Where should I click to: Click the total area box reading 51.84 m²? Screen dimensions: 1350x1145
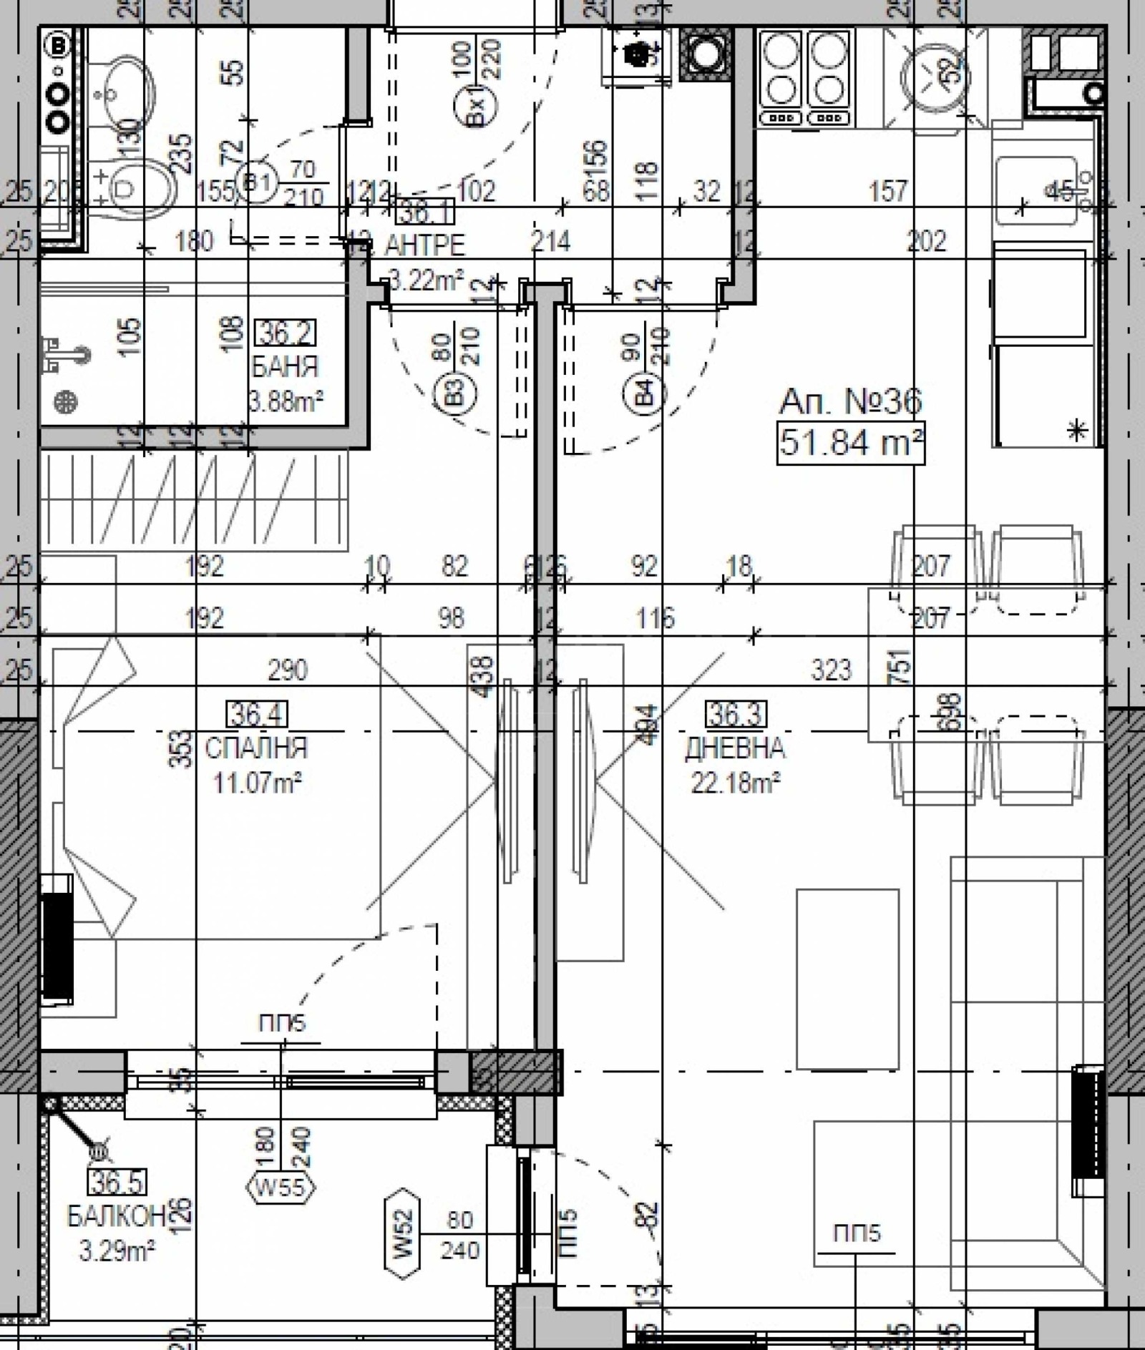pyautogui.click(x=850, y=444)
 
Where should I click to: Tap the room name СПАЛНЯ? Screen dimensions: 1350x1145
pyautogui.click(x=256, y=748)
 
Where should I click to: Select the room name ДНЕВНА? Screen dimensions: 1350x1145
pyautogui.click(x=735, y=748)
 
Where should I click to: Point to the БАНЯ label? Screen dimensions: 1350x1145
pyautogui.click(x=285, y=368)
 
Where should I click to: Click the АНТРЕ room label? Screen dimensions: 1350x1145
pyautogui.click(x=424, y=245)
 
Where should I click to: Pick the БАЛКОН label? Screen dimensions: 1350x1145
pyautogui.click(x=117, y=1216)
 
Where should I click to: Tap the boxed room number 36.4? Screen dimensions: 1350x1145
pyautogui.click(x=257, y=714)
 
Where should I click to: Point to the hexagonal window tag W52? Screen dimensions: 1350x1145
pyautogui.click(x=402, y=1235)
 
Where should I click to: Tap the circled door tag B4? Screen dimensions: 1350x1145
pyautogui.click(x=648, y=393)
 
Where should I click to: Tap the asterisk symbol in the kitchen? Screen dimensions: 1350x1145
pyautogui.click(x=1077, y=431)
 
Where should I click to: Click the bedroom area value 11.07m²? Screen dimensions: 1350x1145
pyautogui.click(x=257, y=783)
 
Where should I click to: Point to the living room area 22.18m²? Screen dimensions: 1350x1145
pyautogui.click(x=735, y=783)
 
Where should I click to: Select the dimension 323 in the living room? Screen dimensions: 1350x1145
pyautogui.click(x=832, y=670)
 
